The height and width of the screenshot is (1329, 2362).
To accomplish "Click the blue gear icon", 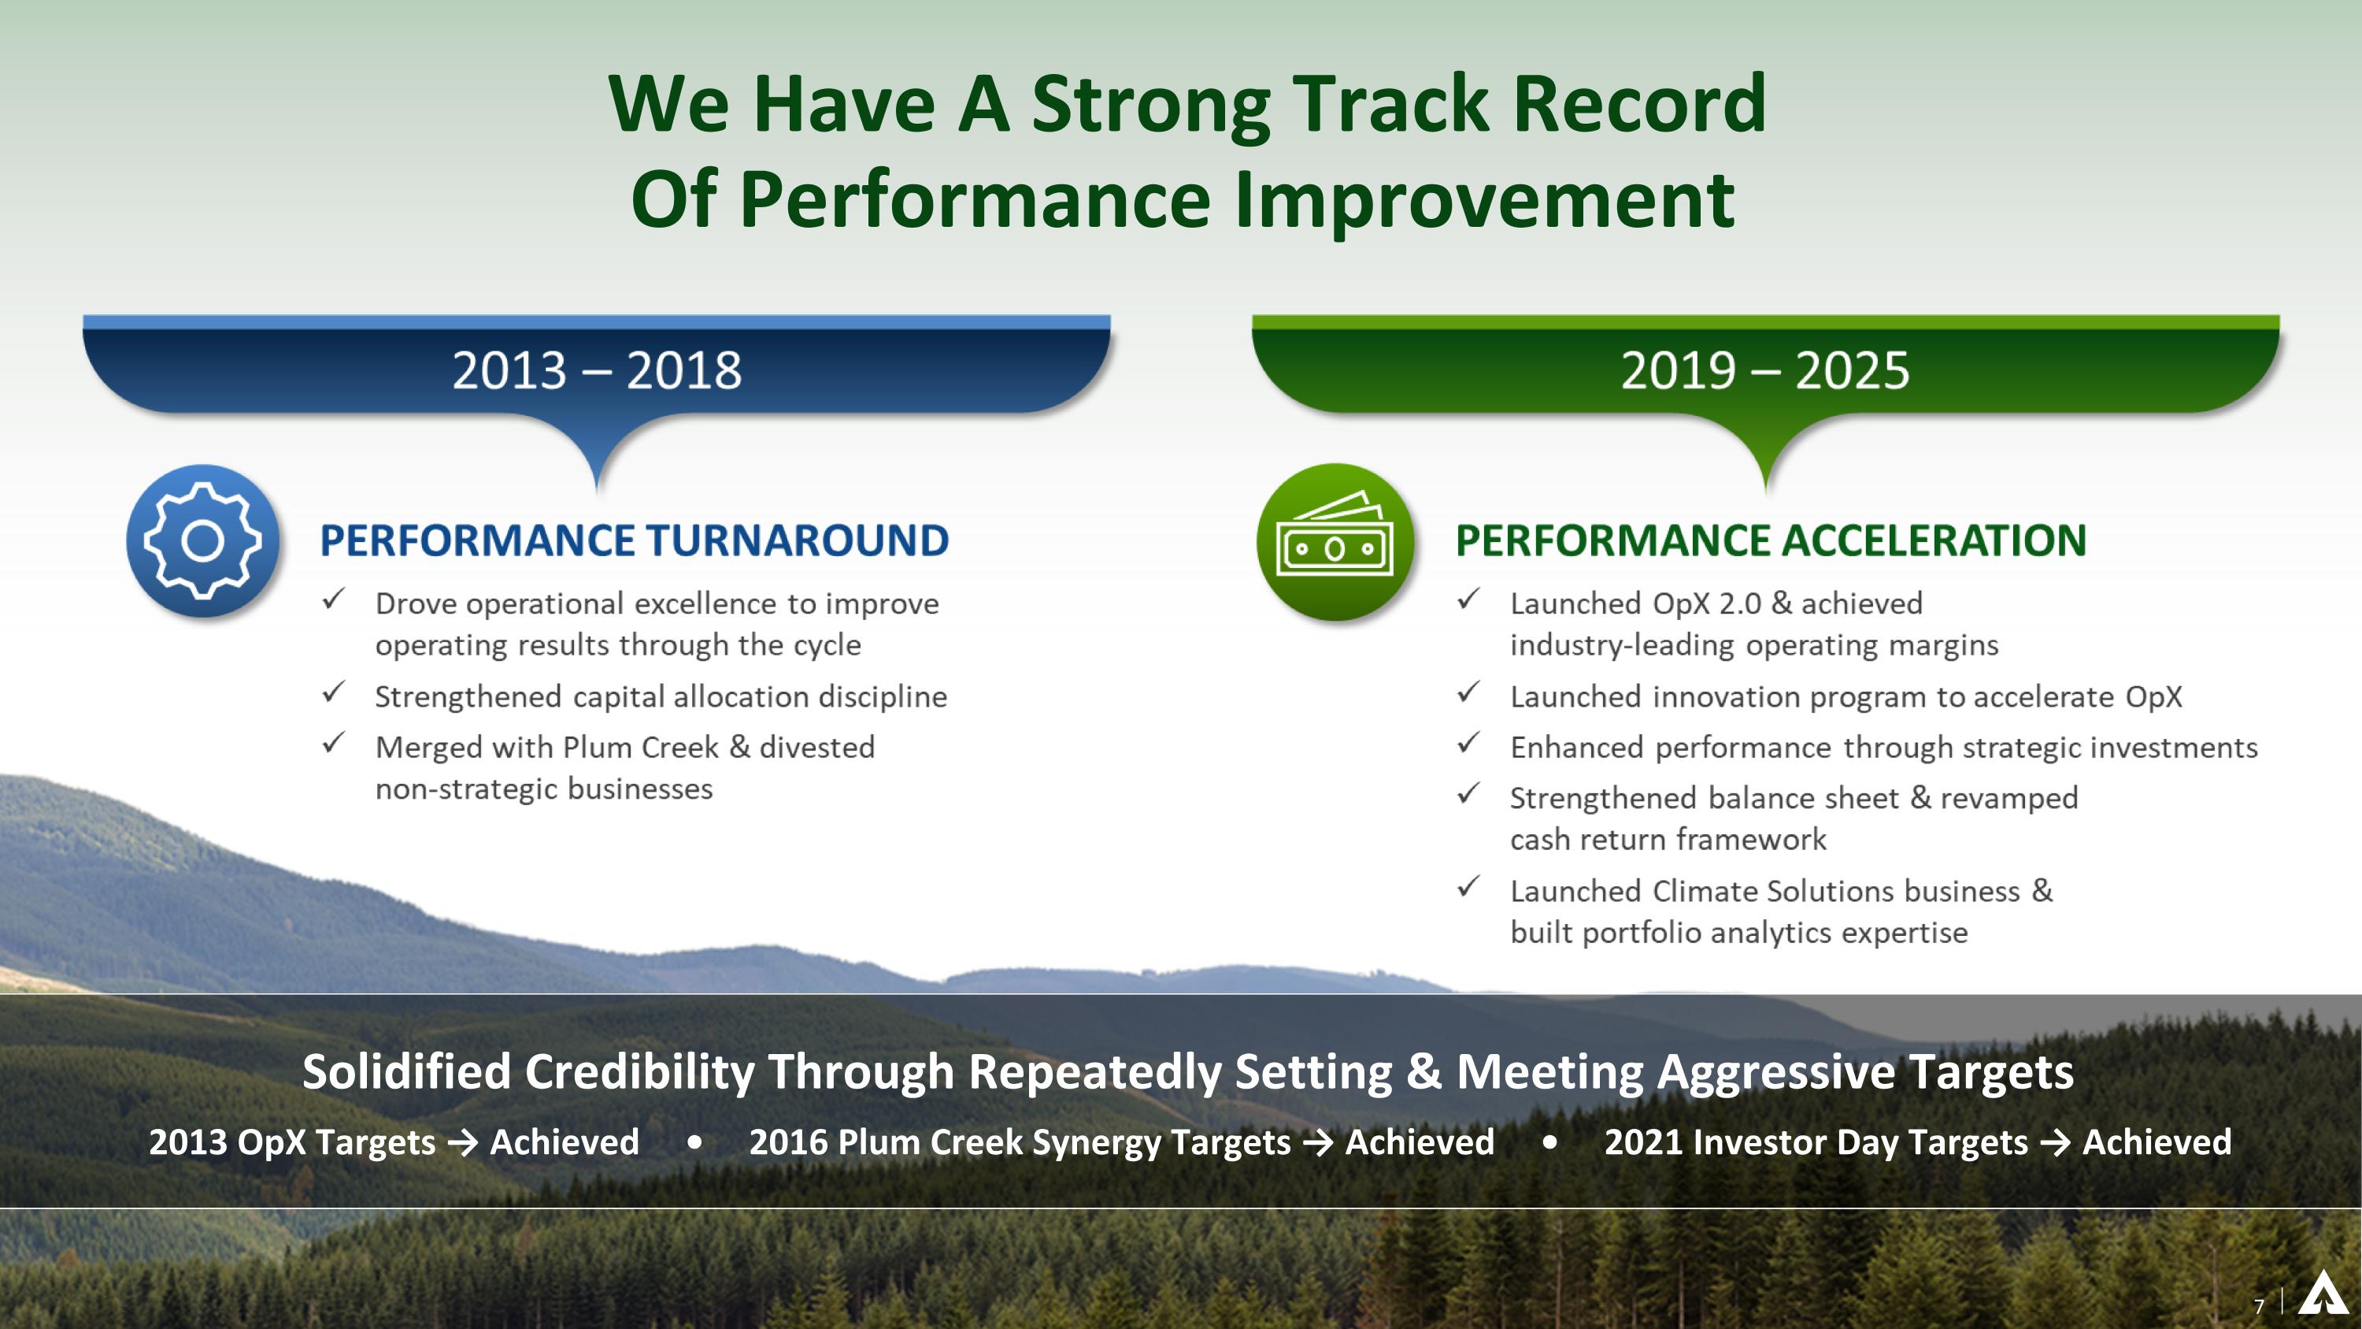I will [202, 540].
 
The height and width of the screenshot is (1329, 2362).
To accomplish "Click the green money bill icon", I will [1335, 541].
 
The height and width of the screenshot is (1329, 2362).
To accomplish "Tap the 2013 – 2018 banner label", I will [597, 370].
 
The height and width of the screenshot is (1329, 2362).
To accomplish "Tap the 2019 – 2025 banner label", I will [1765, 370].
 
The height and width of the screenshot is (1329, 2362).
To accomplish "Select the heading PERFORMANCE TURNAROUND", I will [634, 540].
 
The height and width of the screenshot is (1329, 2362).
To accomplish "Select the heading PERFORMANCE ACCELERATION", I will [1771, 540].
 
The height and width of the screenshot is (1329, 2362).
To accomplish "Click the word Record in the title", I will [1638, 104].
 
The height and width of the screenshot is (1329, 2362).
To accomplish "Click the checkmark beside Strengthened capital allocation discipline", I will [334, 692].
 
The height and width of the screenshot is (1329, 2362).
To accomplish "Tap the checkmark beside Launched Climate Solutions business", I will [1468, 887].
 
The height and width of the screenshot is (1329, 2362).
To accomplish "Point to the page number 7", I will [2260, 1306].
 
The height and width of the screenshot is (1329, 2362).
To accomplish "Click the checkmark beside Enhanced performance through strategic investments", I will [1468, 743].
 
